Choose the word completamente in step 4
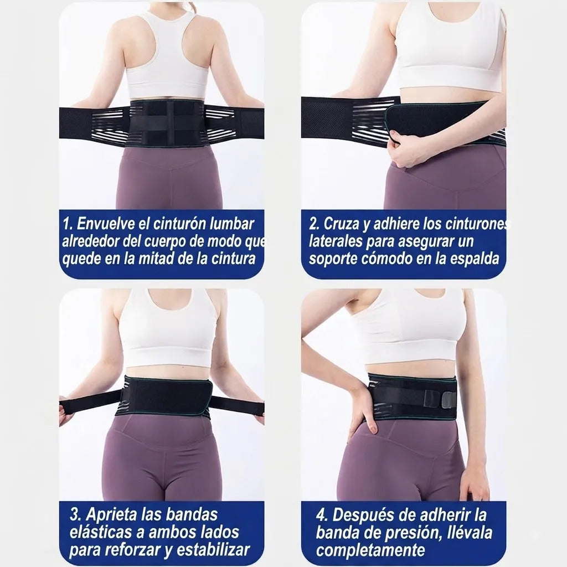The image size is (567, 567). (370, 550)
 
